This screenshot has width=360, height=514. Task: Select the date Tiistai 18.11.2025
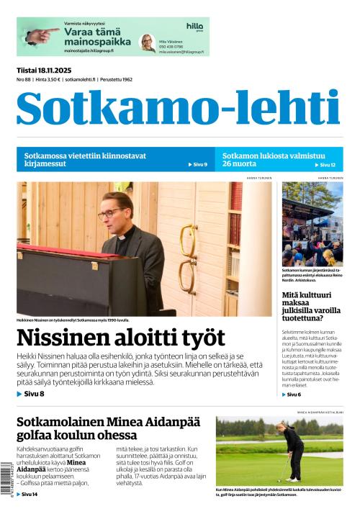click(48, 69)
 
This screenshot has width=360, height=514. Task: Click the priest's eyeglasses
click(110, 213)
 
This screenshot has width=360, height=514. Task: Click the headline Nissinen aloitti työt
click(121, 338)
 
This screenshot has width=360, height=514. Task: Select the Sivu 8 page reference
click(31, 394)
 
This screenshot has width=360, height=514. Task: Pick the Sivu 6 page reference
click(294, 394)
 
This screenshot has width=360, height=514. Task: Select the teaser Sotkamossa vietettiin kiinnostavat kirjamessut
click(85, 159)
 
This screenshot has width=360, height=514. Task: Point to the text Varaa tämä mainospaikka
click(91, 37)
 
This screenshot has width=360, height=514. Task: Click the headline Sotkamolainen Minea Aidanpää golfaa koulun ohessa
click(108, 430)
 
